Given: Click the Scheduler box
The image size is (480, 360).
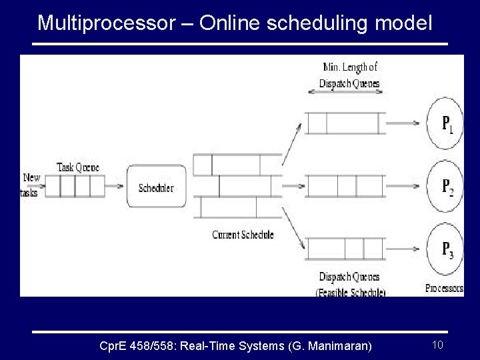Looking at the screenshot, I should click(x=156, y=187).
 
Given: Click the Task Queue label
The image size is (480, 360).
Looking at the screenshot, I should click(x=78, y=167).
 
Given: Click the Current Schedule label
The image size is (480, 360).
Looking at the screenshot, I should click(x=243, y=235).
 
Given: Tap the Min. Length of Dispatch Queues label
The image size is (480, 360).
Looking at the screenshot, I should click(x=349, y=75).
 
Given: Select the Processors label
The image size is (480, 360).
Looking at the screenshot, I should click(x=444, y=289).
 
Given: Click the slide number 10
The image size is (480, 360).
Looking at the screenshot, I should click(x=438, y=345).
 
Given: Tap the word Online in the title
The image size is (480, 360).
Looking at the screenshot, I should click(x=230, y=23).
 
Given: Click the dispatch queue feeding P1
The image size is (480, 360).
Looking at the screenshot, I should click(x=345, y=123).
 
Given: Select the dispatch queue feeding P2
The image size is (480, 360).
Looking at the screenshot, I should click(x=345, y=186).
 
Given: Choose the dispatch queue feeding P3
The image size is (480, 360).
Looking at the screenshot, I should click(x=345, y=249).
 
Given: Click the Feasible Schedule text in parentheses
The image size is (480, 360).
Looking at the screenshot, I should click(x=351, y=293).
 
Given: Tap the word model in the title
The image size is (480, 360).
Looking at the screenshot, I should click(x=405, y=23).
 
